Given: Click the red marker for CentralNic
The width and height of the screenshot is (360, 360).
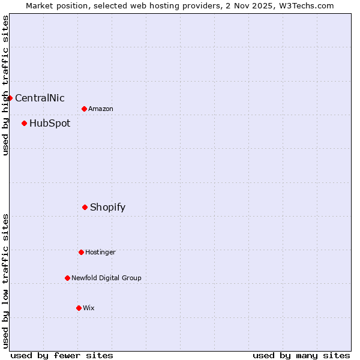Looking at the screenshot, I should coord(10,98).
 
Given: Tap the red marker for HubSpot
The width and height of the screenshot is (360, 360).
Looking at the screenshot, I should coord(24,123).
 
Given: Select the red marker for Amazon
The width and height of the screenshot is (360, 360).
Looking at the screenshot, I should coord(84,109).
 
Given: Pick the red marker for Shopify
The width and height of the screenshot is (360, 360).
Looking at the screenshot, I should coord(85,207).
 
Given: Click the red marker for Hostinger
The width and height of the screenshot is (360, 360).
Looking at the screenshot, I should coord(81,252).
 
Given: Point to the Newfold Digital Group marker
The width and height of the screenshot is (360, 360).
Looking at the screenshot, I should coord(67,278).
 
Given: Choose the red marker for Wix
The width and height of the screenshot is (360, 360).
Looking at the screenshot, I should coord(79,308).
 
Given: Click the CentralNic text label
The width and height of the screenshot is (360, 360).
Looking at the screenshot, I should coord(40,98).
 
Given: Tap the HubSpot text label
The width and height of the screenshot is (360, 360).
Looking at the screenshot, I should coord(50,123).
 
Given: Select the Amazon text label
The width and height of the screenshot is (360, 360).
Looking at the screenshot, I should coord(101,109).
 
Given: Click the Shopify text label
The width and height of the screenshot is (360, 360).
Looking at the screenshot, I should coord(107,207).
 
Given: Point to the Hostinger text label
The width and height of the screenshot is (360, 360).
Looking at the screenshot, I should coord(100,252).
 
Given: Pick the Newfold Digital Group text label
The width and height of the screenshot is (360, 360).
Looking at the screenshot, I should coord(106,278).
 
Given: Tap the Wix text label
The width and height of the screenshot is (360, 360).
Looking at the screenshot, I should coord(89,308).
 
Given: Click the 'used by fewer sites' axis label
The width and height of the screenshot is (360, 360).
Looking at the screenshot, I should coord(62,355).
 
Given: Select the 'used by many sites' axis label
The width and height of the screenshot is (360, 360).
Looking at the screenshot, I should coord(301,355).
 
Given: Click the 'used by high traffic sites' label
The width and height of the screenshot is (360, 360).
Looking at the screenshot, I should coord(5,85).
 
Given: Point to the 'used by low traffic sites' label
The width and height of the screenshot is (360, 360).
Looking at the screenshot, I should coord(5,281).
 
